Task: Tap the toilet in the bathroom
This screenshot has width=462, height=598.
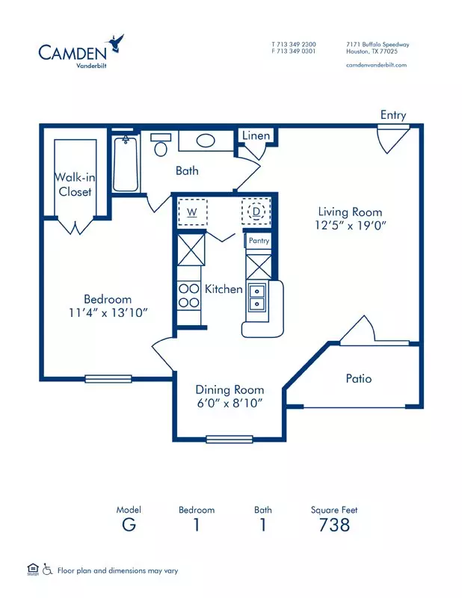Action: click(161, 144)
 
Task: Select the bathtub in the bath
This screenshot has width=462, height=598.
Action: click(126, 164)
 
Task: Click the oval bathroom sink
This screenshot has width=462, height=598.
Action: click(206, 141)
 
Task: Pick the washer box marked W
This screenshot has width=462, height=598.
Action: click(192, 212)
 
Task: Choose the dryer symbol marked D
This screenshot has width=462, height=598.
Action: click(256, 212)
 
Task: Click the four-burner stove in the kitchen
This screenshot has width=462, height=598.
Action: click(189, 295)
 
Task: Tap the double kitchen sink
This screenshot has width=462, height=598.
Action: click(257, 298)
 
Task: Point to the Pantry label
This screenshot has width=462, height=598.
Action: click(259, 241)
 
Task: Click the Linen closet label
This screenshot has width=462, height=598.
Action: click(256, 135)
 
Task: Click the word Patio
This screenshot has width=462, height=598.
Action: click(359, 378)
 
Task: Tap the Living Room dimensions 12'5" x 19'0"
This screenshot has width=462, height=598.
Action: click(351, 225)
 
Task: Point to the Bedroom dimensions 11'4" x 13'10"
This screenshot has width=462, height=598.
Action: click(108, 312)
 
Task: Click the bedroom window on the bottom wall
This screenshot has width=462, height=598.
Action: click(108, 379)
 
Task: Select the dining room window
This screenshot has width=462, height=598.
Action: click(230, 440)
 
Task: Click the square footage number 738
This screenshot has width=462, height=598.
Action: click(334, 525)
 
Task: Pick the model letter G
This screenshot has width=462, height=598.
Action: click(129, 525)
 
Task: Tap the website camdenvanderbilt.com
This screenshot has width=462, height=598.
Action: click(376, 65)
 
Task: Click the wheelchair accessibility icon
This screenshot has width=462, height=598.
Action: click(47, 569)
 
